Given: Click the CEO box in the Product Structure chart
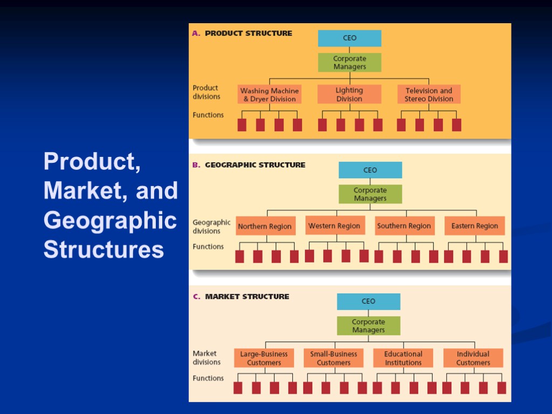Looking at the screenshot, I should tap(349, 38).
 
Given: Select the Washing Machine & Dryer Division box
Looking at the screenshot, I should tap(269, 94).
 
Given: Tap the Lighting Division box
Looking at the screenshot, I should tap(349, 94).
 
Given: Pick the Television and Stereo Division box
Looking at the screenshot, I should tap(429, 94).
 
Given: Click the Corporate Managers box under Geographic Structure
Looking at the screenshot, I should tap(370, 194).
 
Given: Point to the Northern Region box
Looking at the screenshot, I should tap(264, 226).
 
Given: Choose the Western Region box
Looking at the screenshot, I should tap(334, 226).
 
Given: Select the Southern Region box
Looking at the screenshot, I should tap(404, 226).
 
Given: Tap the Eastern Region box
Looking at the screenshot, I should tap(474, 226).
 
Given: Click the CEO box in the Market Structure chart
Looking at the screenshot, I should tap(369, 301).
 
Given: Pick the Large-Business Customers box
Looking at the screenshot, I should tap(264, 358).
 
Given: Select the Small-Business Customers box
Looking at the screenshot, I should tap(334, 358).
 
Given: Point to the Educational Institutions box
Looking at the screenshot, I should tap(403, 358).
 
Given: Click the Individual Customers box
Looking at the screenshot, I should tap(473, 358).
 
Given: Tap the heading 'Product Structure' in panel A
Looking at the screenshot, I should tap(248, 33).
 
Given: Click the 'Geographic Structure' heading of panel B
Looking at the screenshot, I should tap(255, 165).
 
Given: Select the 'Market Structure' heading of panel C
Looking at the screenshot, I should tap(247, 296).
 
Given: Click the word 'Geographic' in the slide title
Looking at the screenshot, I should tap(110, 220).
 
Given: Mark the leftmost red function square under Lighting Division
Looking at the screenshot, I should tap(322, 125).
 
